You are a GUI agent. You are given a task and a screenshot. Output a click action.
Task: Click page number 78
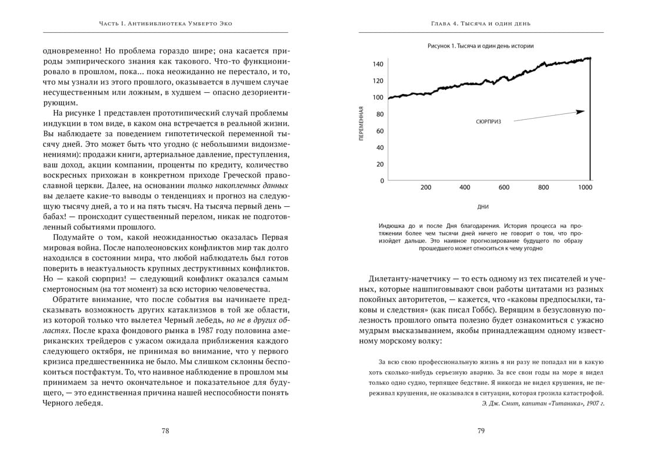pos(165,431)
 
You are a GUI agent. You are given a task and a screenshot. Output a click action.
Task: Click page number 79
pos(481,431)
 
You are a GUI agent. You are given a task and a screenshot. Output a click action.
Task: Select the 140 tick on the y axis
pos(378,64)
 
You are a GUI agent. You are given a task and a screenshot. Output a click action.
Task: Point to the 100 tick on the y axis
pos(378,98)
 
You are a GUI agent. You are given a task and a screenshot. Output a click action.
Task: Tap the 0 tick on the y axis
pos(382,181)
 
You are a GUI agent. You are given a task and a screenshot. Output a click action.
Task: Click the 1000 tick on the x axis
pos(585,187)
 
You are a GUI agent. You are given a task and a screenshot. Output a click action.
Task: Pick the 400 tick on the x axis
pos(465,187)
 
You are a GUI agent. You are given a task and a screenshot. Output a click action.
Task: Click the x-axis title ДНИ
pos(483,207)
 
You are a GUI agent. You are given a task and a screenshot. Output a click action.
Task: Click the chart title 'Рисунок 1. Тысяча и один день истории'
pos(481,46)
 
